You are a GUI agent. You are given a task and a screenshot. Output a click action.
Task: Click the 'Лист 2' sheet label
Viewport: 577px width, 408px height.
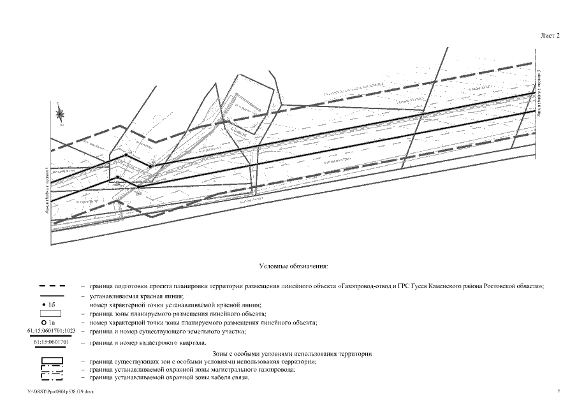coord(550,36)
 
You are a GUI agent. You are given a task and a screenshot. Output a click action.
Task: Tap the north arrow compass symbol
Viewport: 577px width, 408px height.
coord(61,114)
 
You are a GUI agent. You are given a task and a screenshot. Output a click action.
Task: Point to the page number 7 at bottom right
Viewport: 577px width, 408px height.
coord(558,390)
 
